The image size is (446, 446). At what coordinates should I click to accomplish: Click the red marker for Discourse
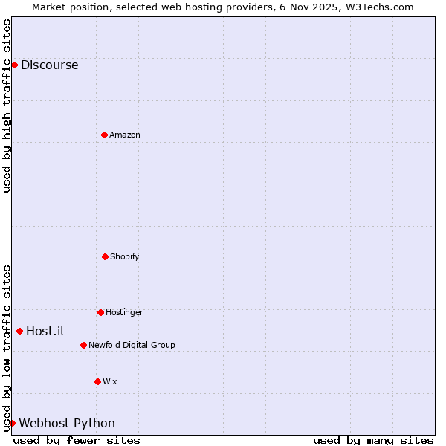click(14, 65)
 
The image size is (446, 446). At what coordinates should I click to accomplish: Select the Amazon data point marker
click(104, 135)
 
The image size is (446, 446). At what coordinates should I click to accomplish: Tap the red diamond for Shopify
click(105, 256)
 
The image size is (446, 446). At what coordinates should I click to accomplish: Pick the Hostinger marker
click(100, 312)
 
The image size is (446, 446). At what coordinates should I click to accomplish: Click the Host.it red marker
click(19, 331)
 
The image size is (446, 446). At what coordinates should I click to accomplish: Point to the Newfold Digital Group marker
click(83, 345)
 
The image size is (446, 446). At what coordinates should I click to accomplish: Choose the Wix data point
click(97, 381)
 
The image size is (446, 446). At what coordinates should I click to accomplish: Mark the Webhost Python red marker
click(12, 423)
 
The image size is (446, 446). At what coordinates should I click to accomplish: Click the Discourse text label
click(49, 65)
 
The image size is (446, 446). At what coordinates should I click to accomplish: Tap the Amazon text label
click(125, 135)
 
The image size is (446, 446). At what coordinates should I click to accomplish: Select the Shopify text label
click(125, 256)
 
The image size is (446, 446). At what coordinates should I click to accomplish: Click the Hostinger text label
click(124, 312)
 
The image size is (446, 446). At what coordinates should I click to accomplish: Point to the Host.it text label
click(45, 331)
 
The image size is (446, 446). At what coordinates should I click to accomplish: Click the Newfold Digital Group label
click(132, 345)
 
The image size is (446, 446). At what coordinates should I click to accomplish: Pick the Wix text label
click(110, 381)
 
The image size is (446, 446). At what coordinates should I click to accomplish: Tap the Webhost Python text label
click(67, 423)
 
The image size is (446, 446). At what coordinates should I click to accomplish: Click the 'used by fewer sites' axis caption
click(77, 440)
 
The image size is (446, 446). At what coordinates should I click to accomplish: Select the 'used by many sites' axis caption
click(373, 440)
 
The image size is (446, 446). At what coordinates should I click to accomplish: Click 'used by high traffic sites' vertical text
click(7, 106)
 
